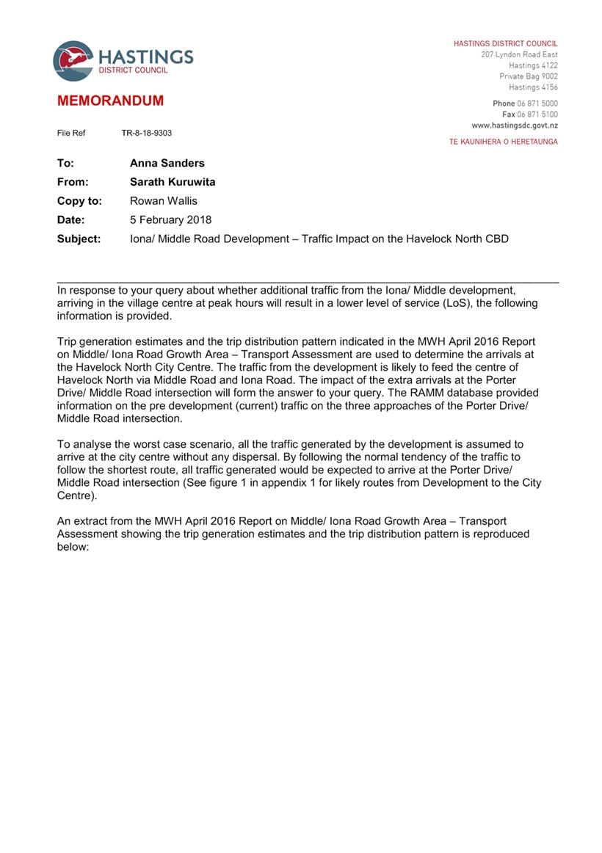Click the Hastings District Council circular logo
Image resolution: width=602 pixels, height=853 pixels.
coord(73,61)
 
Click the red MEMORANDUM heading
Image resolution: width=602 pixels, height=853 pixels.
coord(110,101)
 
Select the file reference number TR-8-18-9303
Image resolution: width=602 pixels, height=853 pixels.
coord(147,133)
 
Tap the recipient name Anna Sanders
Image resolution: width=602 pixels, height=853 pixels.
coord(167,164)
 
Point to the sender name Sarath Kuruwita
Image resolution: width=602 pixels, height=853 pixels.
coord(173,182)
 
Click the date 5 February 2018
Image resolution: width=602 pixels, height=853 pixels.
coord(170,219)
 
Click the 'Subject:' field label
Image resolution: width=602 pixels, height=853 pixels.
coord(79,239)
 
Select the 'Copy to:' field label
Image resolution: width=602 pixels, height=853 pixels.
coord(79,201)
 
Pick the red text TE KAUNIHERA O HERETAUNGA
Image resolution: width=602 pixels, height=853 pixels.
coord(503,142)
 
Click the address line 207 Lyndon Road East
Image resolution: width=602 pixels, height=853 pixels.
coord(519,55)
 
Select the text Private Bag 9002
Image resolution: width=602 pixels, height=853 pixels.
coord(529,76)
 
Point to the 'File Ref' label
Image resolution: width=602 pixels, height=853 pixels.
coord(71,133)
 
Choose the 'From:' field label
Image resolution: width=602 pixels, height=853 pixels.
coord(73,182)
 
